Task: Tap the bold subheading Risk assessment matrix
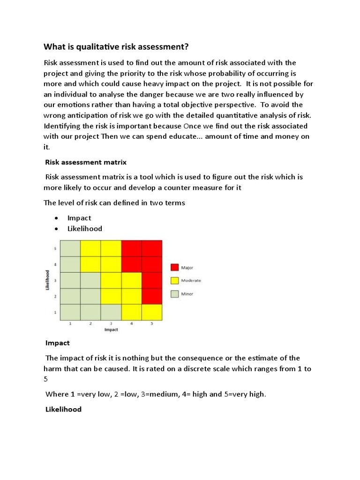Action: pos(86,162)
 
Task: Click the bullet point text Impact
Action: pos(79,218)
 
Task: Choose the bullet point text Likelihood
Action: pos(85,229)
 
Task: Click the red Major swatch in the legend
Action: pos(174,267)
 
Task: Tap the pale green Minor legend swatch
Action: pos(174,294)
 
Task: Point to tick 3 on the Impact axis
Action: pos(111,323)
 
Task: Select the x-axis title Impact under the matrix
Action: pos(111,330)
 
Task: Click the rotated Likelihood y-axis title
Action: pos(48,280)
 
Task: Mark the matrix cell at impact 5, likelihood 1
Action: pos(152,312)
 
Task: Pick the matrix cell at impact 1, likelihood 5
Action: pos(70,248)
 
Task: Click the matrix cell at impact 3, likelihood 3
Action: pos(111,280)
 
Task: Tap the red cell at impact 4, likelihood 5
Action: pos(131,248)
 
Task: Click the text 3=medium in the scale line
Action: pos(154,394)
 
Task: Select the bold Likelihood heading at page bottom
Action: pos(63,409)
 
